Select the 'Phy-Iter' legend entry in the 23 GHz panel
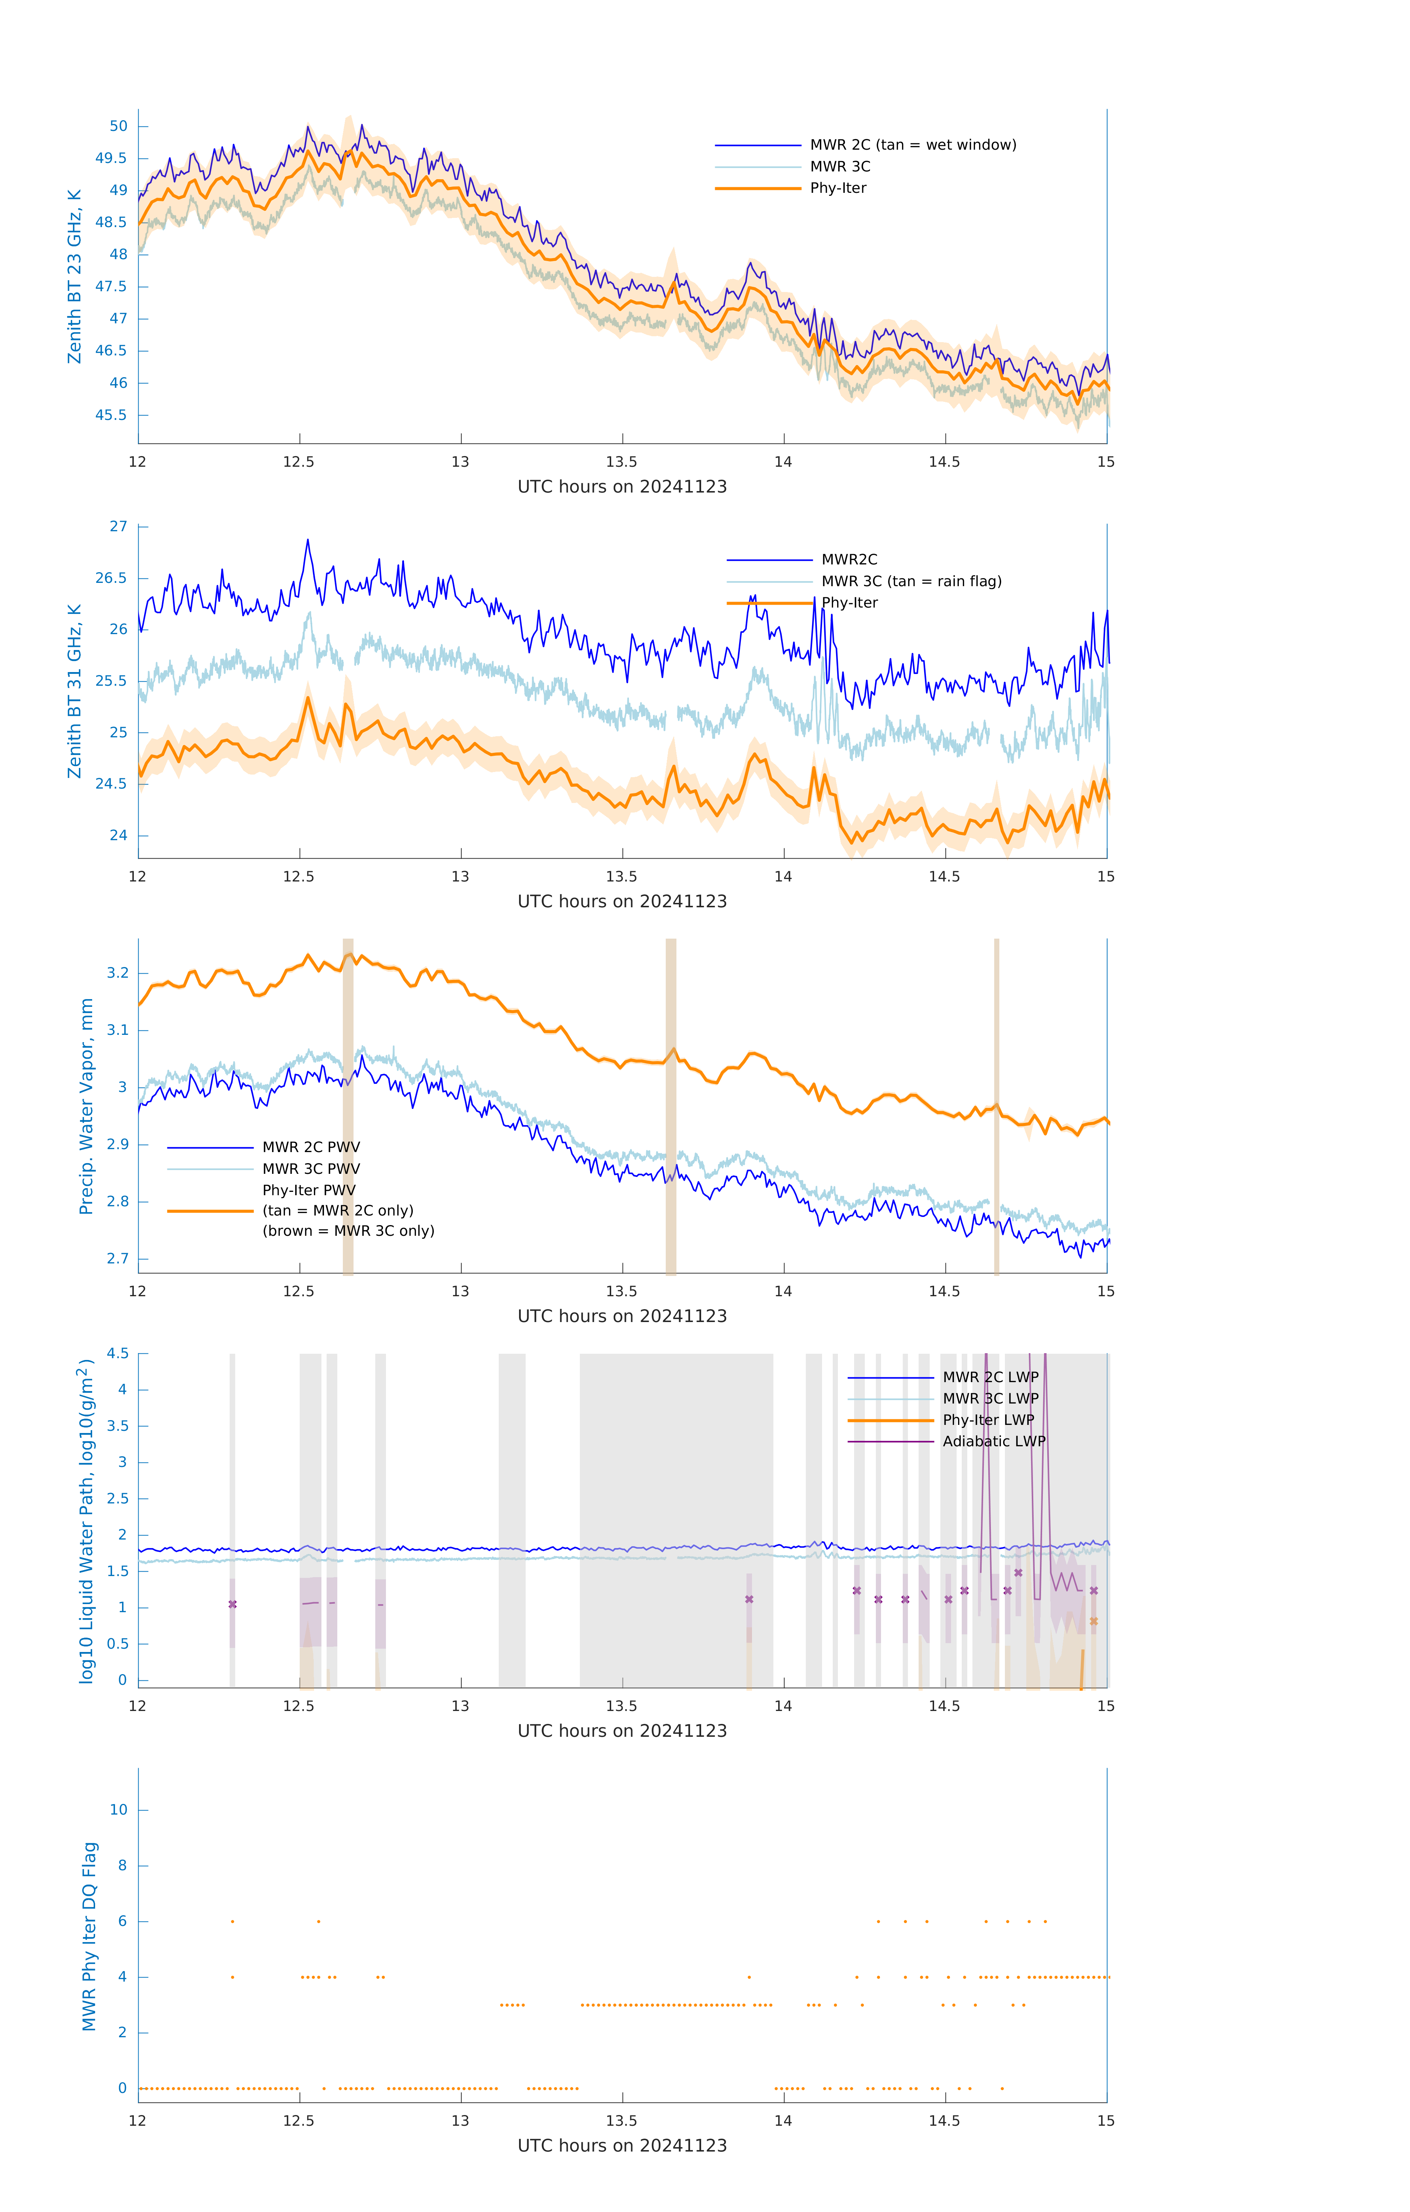point(838,188)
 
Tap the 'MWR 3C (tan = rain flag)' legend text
point(911,581)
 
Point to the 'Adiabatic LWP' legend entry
point(994,1441)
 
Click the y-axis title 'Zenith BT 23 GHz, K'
point(74,276)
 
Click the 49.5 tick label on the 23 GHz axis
point(111,158)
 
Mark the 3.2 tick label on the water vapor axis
point(118,973)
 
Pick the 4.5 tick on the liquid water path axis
point(118,1353)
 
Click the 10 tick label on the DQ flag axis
point(118,1810)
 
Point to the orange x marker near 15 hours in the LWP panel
point(1093,1621)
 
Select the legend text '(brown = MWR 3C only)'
point(348,1231)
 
